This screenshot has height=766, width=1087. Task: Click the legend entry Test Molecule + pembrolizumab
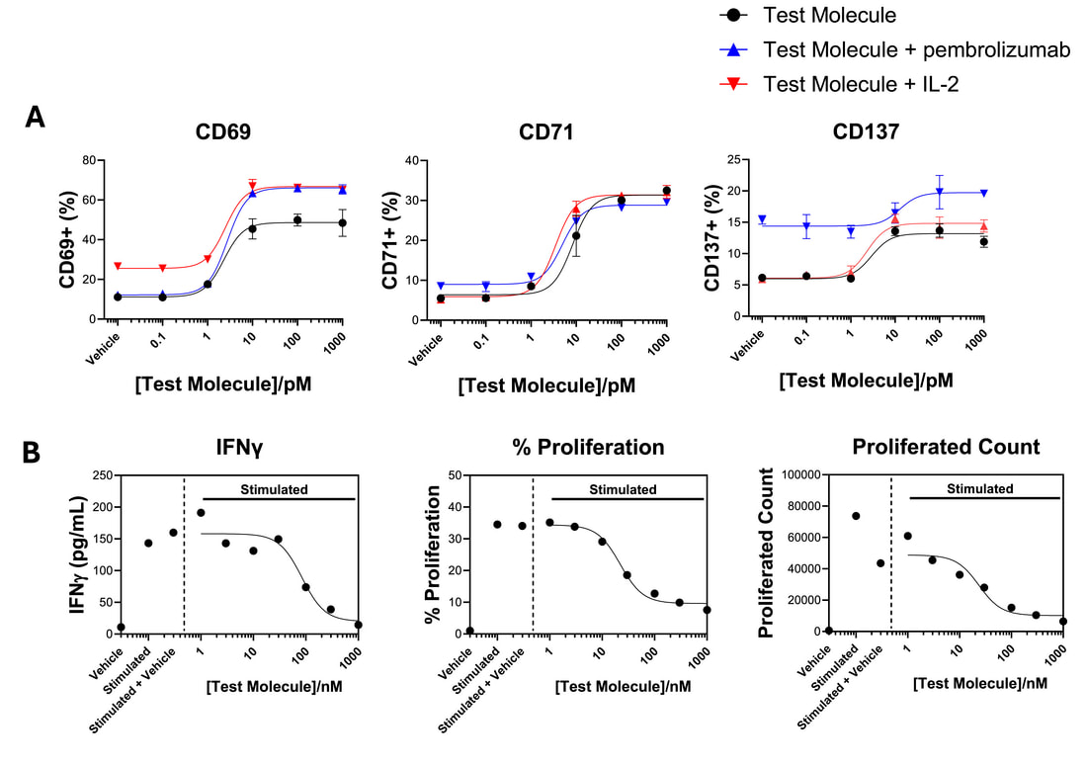click(x=916, y=49)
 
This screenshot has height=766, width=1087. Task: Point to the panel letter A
click(x=36, y=118)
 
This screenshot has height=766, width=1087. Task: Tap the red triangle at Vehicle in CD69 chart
click(x=119, y=267)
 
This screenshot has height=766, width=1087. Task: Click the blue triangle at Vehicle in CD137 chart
click(x=762, y=219)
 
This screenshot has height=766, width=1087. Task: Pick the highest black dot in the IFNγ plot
click(x=201, y=512)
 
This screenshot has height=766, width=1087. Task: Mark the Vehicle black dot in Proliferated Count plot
click(x=828, y=630)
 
